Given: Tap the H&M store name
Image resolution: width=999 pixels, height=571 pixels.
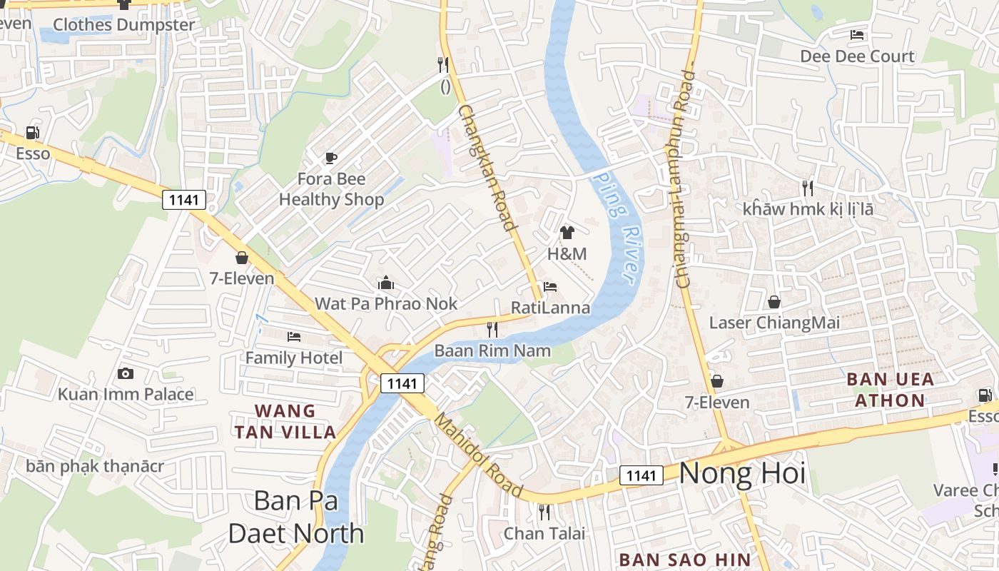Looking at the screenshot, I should tap(567, 254).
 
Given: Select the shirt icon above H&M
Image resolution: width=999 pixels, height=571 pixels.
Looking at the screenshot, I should tap(567, 232).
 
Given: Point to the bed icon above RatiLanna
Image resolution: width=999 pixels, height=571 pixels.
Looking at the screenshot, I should tap(549, 287).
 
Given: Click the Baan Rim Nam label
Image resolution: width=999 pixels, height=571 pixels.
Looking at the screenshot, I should tap(492, 350).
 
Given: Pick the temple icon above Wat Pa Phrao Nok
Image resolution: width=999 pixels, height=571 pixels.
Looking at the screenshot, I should tap(386, 283).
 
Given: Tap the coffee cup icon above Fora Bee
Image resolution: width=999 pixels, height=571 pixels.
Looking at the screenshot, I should tap(331, 158).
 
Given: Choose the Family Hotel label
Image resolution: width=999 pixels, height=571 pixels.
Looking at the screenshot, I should tap(294, 358).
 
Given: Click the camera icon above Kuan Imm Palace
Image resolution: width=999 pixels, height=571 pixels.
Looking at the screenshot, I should tap(126, 373).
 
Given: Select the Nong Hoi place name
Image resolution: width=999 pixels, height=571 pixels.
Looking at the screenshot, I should tap(742, 473).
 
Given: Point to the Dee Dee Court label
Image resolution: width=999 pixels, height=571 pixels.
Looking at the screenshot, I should tap(856, 56).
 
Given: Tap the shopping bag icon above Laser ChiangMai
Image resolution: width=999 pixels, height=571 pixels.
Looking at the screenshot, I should tap(774, 302).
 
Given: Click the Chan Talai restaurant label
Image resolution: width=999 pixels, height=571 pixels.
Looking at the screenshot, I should tap(544, 533).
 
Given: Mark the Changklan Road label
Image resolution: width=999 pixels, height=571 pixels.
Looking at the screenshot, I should tap(487, 168).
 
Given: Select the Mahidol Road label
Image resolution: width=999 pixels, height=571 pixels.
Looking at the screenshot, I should tap(479, 455).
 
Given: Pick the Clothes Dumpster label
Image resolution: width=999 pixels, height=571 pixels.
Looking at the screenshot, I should tap(123, 25).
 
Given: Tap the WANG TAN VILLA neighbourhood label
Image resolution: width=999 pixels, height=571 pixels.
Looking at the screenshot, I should tap(285, 421).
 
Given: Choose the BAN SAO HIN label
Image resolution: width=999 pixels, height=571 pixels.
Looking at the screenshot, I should tap(684, 560).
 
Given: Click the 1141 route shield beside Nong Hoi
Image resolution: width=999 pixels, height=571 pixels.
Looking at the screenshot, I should tap(641, 475).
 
